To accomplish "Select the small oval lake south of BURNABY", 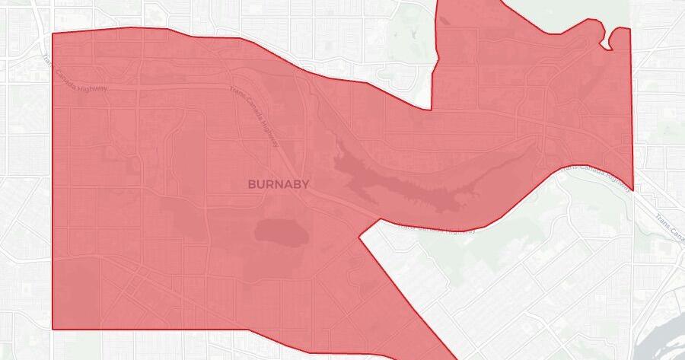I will tap(281, 230).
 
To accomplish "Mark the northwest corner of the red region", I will tap(52, 34).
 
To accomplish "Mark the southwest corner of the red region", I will tap(53, 329).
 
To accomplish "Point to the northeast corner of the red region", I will tap(629, 29).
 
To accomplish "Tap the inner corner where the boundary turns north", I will tap(432, 110).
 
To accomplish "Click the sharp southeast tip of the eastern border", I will tap(632, 190).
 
